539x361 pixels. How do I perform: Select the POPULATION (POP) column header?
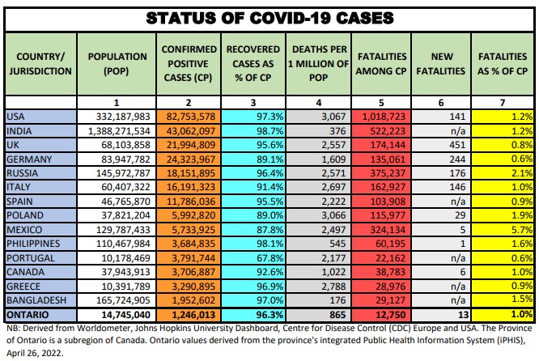(117, 63)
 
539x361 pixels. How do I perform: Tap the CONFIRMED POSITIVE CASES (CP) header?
(188, 63)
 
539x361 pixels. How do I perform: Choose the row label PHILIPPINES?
(34, 242)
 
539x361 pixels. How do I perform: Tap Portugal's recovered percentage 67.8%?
(254, 257)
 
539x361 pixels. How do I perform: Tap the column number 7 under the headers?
(503, 103)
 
